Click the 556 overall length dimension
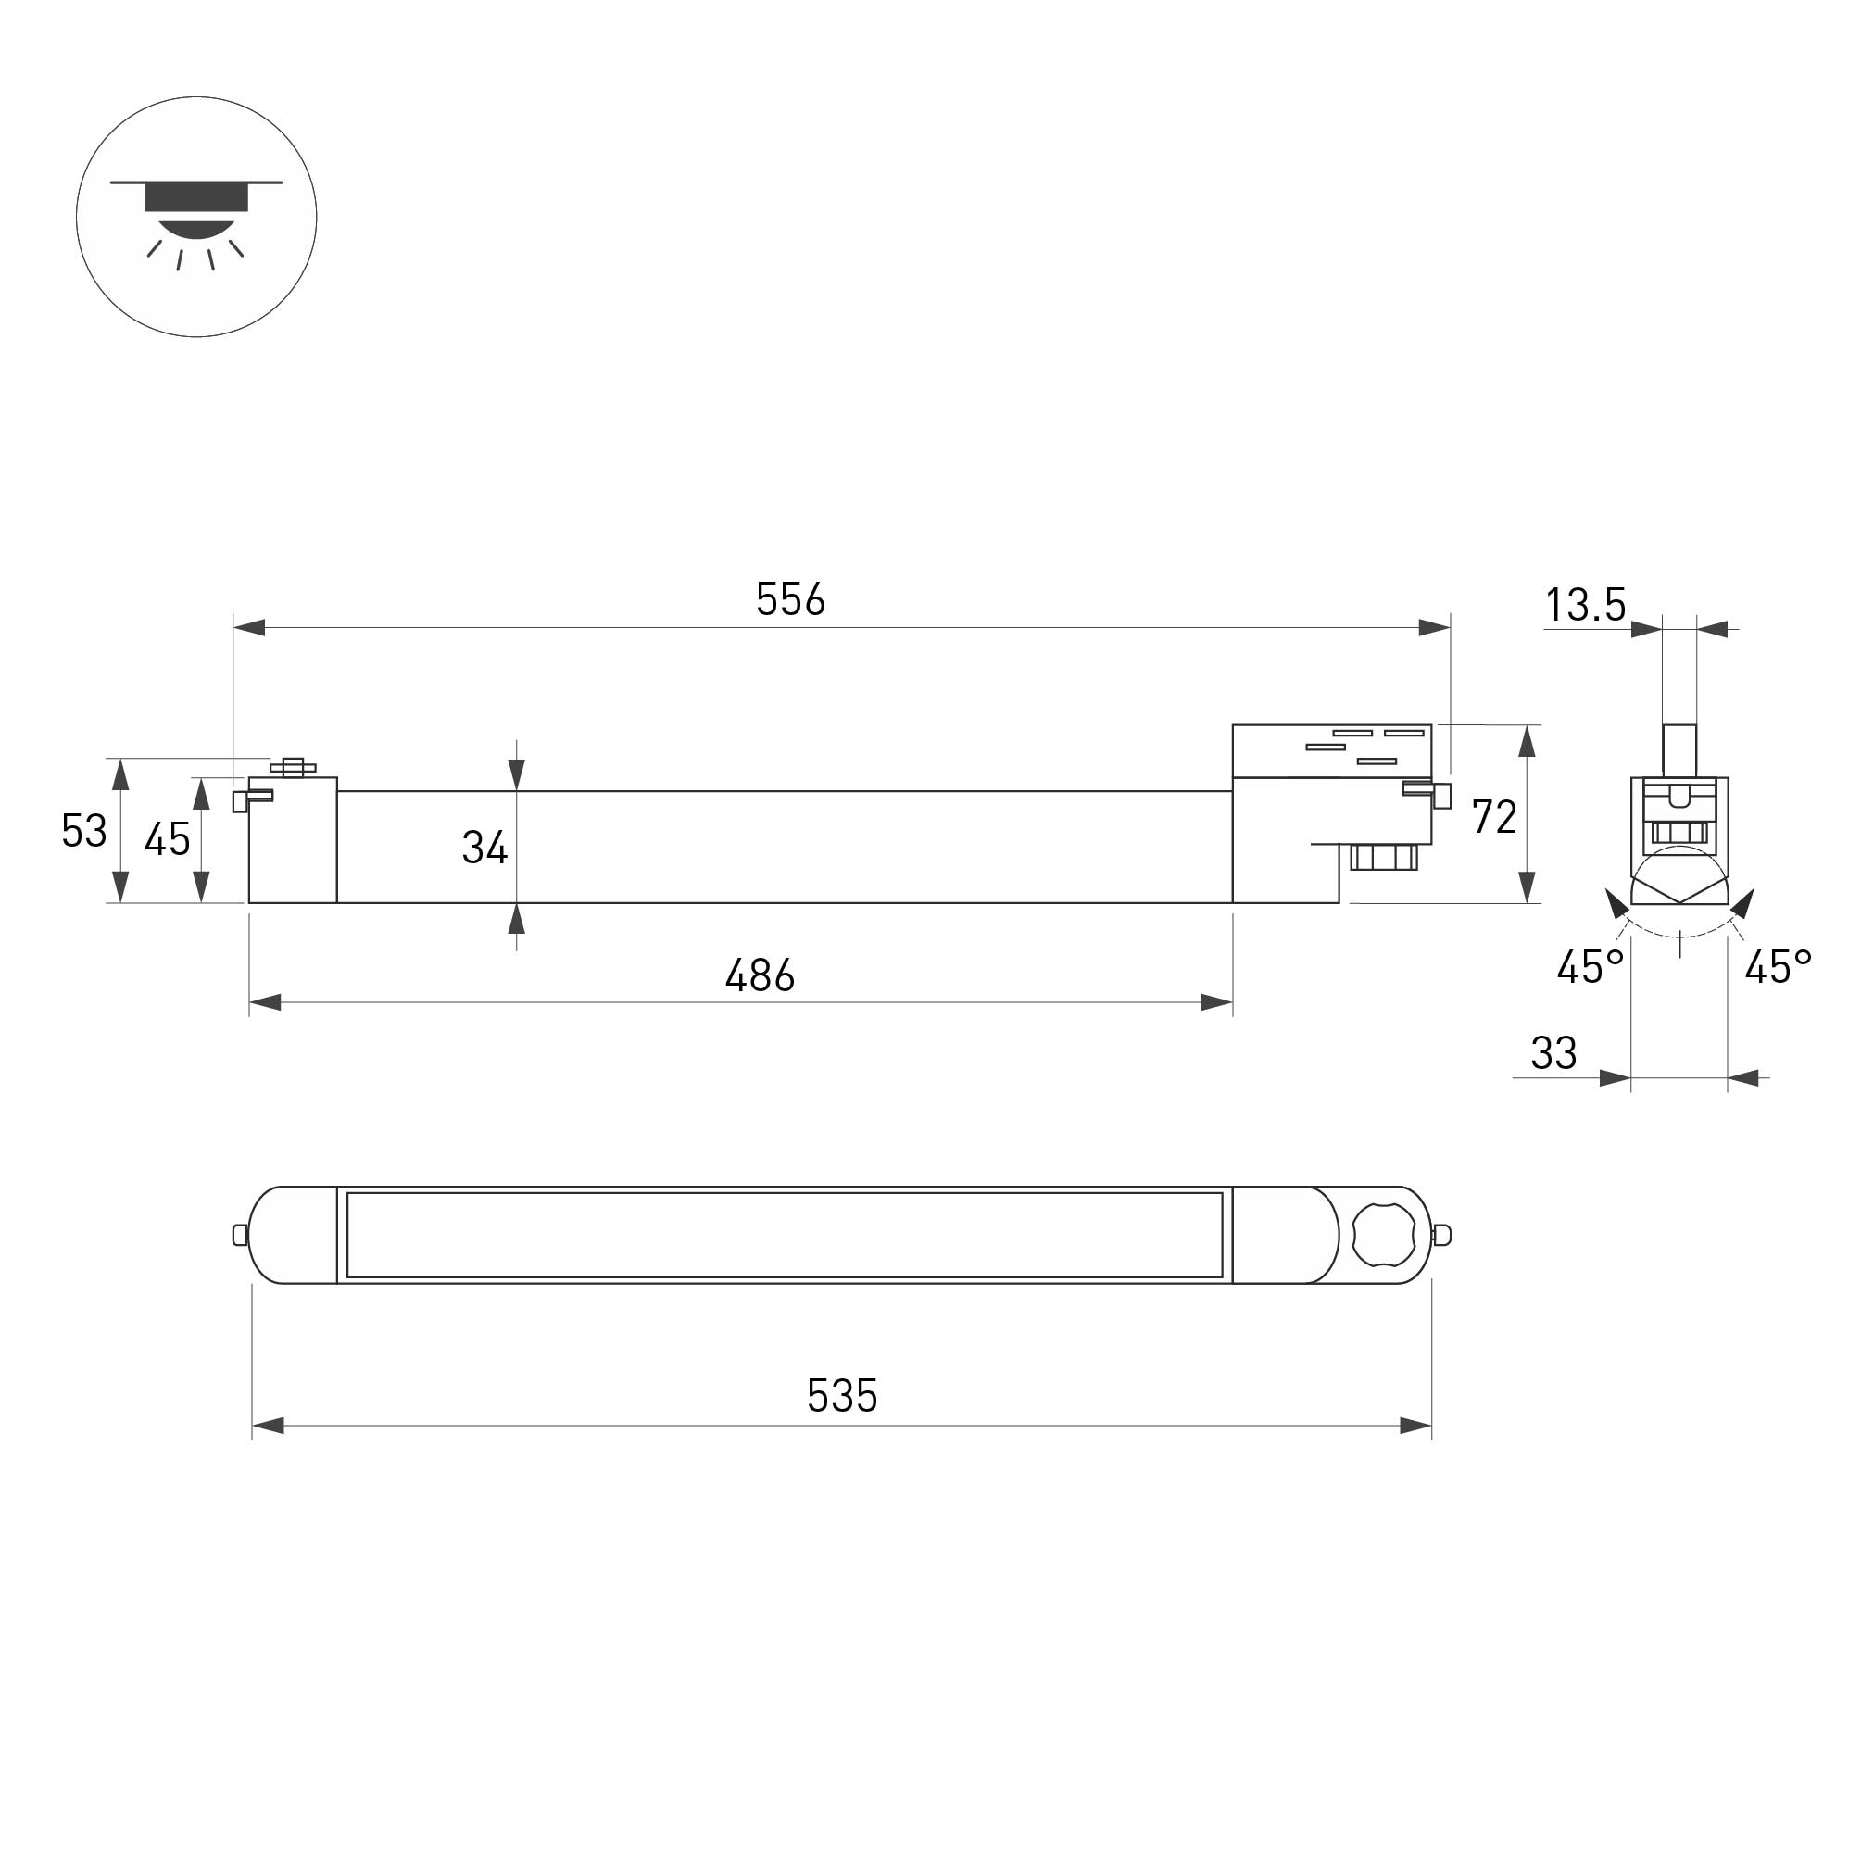click(790, 599)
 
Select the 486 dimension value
click(760, 975)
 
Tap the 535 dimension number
click(842, 1396)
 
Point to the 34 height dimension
click(484, 848)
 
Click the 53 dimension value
click(83, 830)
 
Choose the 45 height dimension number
click(168, 840)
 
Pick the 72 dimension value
click(1494, 817)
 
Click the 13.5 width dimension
click(1586, 605)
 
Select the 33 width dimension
click(1553, 1054)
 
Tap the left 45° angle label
click(1591, 967)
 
